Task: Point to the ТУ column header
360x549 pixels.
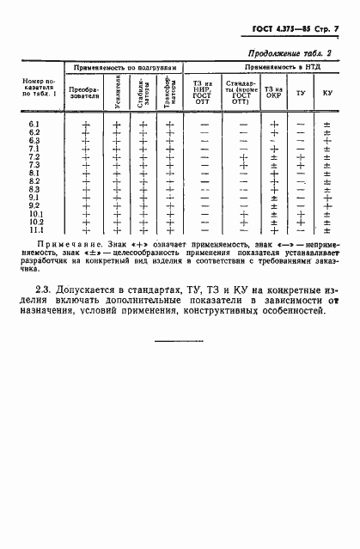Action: click(x=300, y=91)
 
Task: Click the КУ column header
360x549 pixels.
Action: click(x=326, y=91)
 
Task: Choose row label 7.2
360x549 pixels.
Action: click(x=34, y=157)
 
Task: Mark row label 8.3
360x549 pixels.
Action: click(x=34, y=190)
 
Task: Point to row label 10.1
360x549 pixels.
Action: click(x=34, y=214)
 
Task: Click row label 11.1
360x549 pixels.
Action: click(x=34, y=230)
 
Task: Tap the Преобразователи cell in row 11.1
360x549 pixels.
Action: click(x=86, y=230)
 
